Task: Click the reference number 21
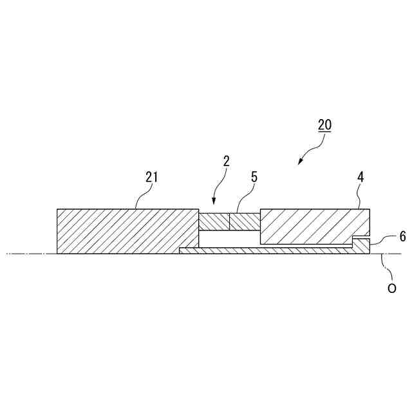pos(151,176)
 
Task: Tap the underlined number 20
pos(324,125)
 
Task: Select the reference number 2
pos(226,161)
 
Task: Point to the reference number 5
pos(254,176)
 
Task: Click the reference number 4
pos(361,176)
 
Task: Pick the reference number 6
pos(402,236)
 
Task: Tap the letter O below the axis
pos(391,289)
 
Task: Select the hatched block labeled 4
pos(309,225)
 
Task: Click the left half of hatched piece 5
pos(214,221)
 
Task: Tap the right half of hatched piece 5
pos(244,221)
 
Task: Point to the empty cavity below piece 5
pos(229,238)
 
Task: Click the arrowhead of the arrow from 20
pos(299,163)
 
